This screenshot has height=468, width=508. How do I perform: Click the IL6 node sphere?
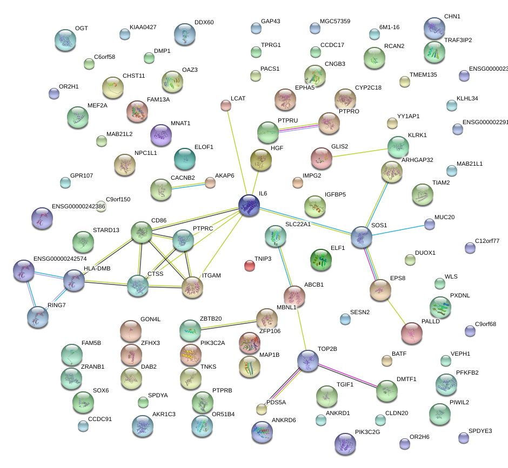click(249, 206)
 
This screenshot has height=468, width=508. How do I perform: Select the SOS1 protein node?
click(361, 237)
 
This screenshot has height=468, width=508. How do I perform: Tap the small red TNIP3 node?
click(249, 265)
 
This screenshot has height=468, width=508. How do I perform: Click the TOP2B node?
click(308, 360)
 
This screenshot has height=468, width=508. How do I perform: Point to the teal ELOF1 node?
click(185, 158)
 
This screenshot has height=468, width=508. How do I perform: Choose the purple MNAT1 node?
click(161, 135)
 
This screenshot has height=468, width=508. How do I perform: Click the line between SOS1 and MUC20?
click(396, 229)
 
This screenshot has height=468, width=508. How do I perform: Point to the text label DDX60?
click(204, 23)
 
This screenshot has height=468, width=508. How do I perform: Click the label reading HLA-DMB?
click(97, 268)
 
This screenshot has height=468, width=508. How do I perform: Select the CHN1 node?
click(434, 28)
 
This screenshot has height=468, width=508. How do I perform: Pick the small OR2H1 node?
click(54, 93)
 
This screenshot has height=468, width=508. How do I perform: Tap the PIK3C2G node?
click(345, 444)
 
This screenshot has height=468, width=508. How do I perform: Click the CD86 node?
click(142, 232)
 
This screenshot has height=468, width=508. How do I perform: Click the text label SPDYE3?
click(480, 431)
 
